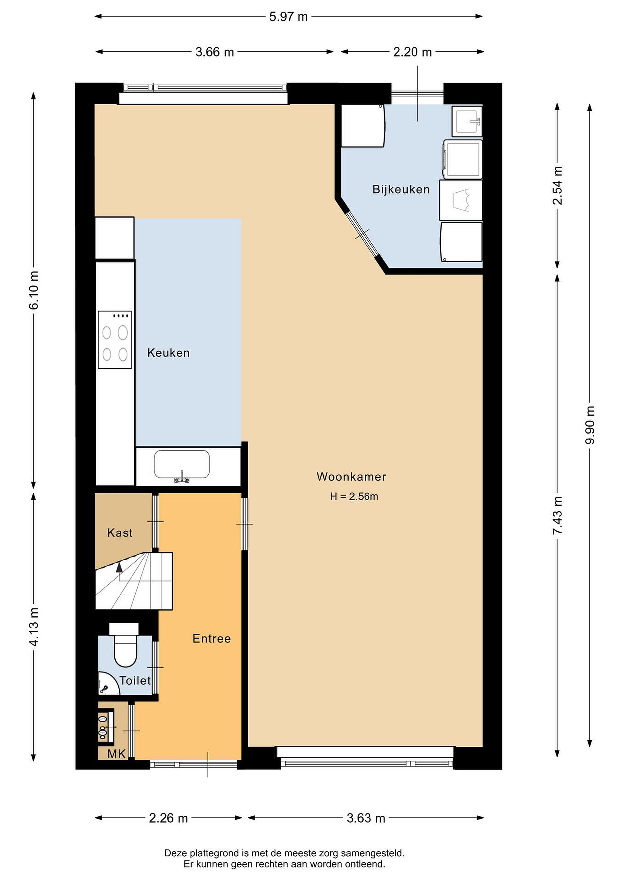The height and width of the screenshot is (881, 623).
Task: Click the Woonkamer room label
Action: [x=351, y=477]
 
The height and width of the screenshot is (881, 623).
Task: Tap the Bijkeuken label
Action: [x=401, y=190]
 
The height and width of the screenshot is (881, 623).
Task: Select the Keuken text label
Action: [x=169, y=353]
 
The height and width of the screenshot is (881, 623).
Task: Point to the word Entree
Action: [x=212, y=638]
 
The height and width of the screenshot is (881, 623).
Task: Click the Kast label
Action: [x=120, y=533]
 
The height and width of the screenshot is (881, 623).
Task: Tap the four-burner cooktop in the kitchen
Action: [x=115, y=340]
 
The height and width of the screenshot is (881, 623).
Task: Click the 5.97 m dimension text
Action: [x=288, y=17]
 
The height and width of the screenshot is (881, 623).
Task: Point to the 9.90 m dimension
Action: [x=590, y=425]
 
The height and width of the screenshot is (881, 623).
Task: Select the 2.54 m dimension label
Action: [x=558, y=186]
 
